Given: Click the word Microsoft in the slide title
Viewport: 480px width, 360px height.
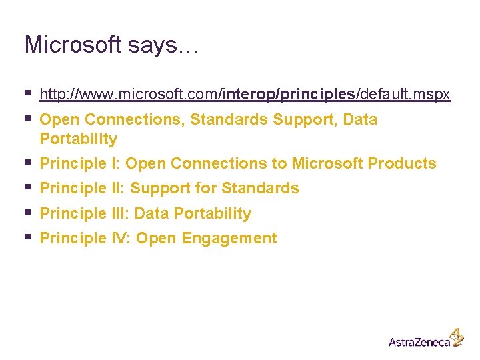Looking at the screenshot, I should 73,45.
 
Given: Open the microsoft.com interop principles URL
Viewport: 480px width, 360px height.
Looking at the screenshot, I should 245,95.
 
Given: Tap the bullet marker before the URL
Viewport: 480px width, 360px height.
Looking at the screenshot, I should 27,95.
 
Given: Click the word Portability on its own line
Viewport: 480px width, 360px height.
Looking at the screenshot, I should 78,139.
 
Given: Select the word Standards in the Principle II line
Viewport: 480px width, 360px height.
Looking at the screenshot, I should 260,189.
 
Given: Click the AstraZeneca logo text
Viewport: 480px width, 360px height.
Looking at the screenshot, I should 419,341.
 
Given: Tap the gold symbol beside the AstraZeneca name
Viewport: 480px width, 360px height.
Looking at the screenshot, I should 457,336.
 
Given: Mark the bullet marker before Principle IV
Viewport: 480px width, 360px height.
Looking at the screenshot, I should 27,237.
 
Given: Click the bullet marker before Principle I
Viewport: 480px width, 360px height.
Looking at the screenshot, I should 27,162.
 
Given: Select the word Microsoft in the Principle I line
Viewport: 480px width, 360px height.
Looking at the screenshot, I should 327,163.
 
